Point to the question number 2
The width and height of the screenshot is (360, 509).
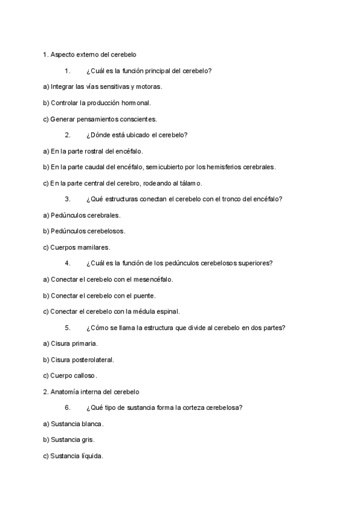[x=68, y=135]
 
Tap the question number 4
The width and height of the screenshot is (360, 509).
[x=68, y=263]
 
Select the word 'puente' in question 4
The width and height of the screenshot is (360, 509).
[x=145, y=295]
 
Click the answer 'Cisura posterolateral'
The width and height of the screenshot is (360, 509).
[x=79, y=360]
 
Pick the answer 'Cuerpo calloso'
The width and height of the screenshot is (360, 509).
[x=72, y=376]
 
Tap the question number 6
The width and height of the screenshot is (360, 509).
[x=68, y=408]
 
